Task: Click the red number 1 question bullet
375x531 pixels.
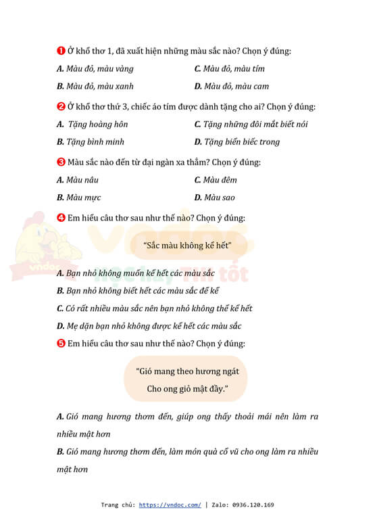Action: pyautogui.click(x=60, y=51)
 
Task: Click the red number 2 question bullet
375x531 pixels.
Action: pyautogui.click(x=60, y=106)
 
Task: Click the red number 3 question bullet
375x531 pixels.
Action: pyautogui.click(x=60, y=162)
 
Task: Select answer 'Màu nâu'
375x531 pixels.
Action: pyautogui.click(x=80, y=179)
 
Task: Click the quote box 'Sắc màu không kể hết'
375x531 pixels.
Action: pyautogui.click(x=187, y=246)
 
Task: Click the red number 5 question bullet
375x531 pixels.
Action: pyautogui.click(x=60, y=343)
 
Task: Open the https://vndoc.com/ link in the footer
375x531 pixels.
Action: pyautogui.click(x=170, y=505)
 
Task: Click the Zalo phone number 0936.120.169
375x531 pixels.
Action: pyautogui.click(x=253, y=505)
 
